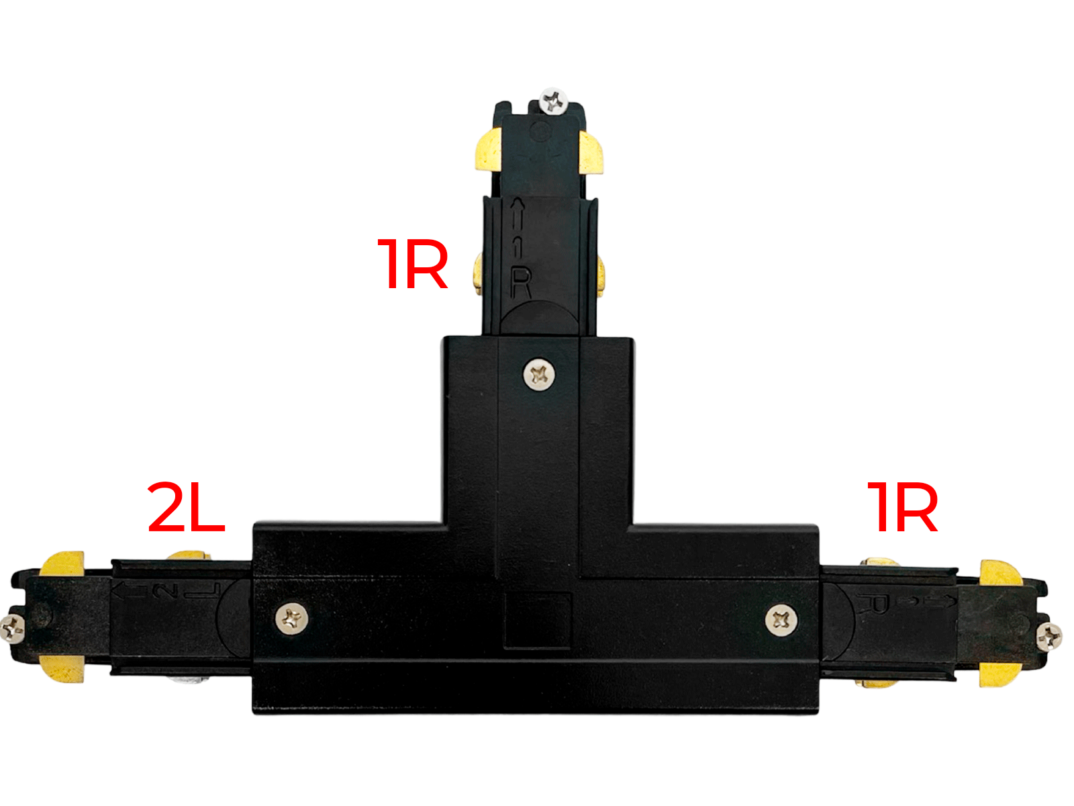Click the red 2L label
click(x=186, y=507)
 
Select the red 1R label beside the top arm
click(x=412, y=264)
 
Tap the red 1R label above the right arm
click(x=901, y=507)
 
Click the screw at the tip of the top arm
click(x=553, y=101)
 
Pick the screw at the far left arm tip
click(x=11, y=628)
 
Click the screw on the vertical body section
click(x=539, y=375)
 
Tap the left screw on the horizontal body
click(x=291, y=619)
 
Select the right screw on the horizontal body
click(x=781, y=620)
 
